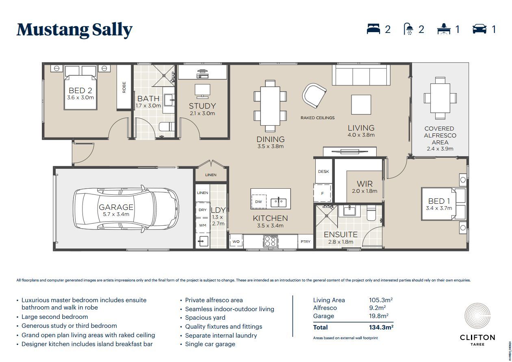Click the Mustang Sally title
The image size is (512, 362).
pyautogui.click(x=74, y=30)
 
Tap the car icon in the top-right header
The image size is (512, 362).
pyautogui.click(x=479, y=29)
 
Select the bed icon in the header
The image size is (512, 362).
pyautogui.click(x=373, y=29)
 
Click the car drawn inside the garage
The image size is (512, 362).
pyautogui.click(x=126, y=208)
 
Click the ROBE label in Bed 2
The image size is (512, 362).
pyautogui.click(x=124, y=87)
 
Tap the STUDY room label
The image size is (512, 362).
pyautogui.click(x=202, y=106)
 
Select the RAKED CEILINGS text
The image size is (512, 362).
pyautogui.click(x=317, y=118)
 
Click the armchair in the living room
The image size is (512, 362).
pyautogui.click(x=314, y=94)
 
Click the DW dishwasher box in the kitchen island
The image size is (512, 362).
pyautogui.click(x=258, y=201)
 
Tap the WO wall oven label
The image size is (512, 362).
pyautogui.click(x=236, y=242)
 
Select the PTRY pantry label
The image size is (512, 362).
pyautogui.click(x=305, y=242)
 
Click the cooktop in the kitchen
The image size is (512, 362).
pyautogui.click(x=270, y=241)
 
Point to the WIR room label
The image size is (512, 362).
pyautogui.click(x=364, y=184)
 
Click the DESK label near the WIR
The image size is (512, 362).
pyautogui.click(x=323, y=172)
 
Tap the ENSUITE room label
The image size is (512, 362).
pyautogui.click(x=341, y=235)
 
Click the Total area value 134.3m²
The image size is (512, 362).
pyautogui.click(x=381, y=327)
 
